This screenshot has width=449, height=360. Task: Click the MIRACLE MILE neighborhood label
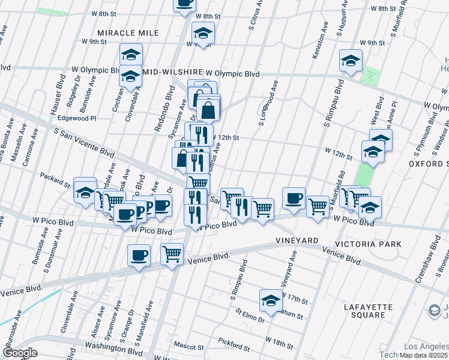click(x=129, y=32)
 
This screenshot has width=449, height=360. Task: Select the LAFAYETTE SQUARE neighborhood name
click(x=369, y=311)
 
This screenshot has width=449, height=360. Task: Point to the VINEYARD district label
click(x=297, y=241)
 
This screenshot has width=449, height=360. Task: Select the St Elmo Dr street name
click(x=250, y=316)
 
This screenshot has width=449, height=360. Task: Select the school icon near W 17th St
click(x=271, y=300)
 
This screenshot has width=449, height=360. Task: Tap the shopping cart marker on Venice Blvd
click(x=172, y=254)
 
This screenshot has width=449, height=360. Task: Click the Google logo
click(x=20, y=353)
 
